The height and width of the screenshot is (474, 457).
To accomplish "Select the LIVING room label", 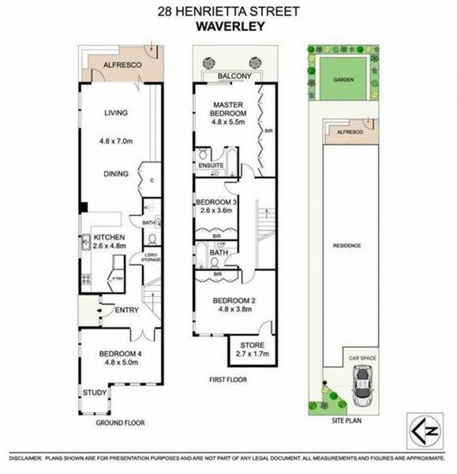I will [x=115, y=113].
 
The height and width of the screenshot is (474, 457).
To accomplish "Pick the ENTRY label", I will [x=127, y=310].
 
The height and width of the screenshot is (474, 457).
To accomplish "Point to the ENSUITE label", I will [x=211, y=165].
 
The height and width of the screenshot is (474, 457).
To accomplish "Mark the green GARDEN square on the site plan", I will [x=343, y=80].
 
